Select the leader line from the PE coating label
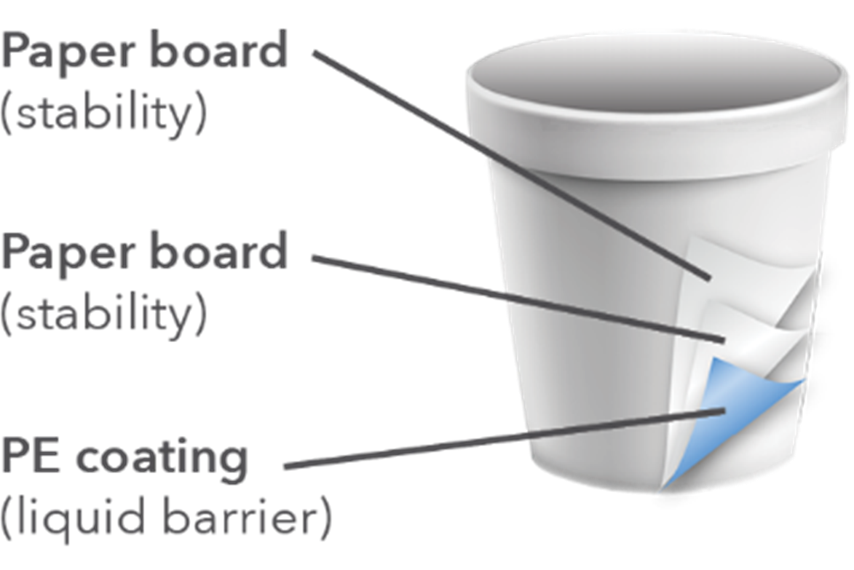pyautogui.click(x=502, y=438)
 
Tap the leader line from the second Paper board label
pyautogui.click(x=517, y=298)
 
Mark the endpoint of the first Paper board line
pyautogui.click(x=708, y=277)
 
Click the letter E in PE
pyautogui.click(x=49, y=456)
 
